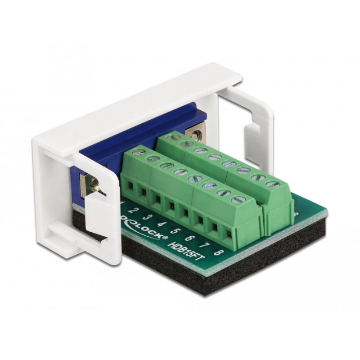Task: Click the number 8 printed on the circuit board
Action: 219,253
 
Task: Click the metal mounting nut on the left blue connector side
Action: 94,183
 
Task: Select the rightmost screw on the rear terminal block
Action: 271,184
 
